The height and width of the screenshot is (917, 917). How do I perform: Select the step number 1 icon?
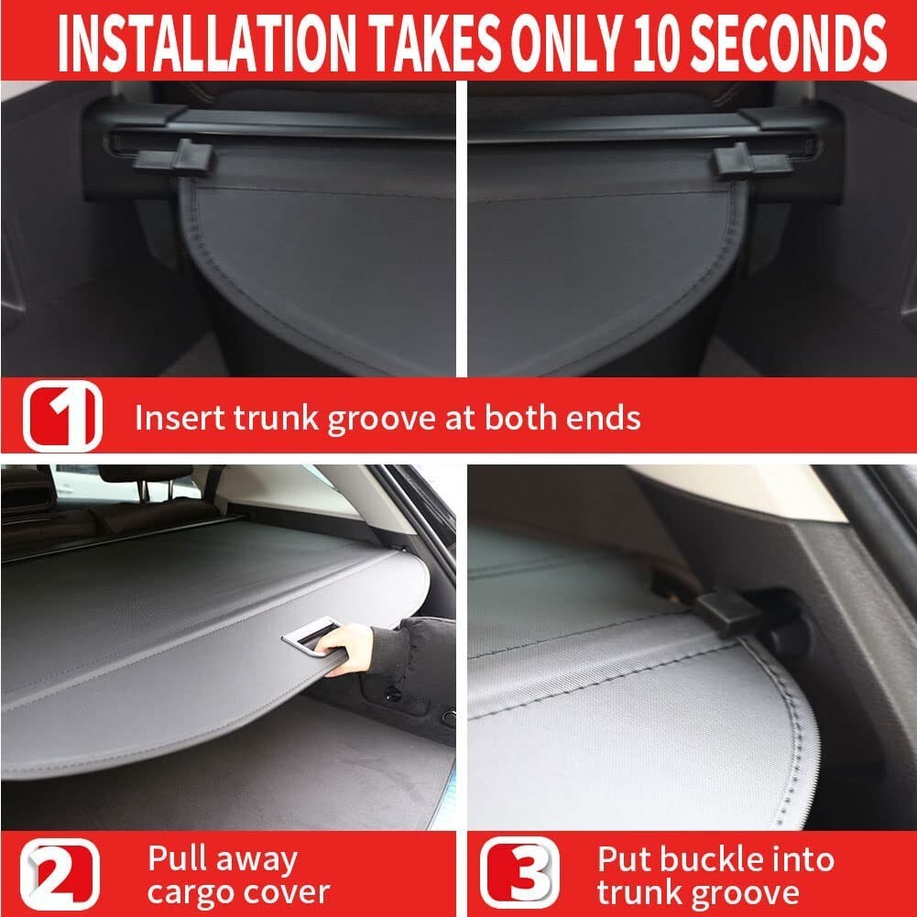click(62, 417)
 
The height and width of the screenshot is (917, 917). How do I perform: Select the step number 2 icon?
click(62, 874)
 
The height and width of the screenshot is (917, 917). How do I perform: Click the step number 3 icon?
click(519, 874)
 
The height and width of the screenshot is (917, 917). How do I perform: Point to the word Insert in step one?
click(174, 418)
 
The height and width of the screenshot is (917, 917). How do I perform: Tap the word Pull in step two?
click(177, 859)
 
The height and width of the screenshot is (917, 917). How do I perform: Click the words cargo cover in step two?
click(238, 891)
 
